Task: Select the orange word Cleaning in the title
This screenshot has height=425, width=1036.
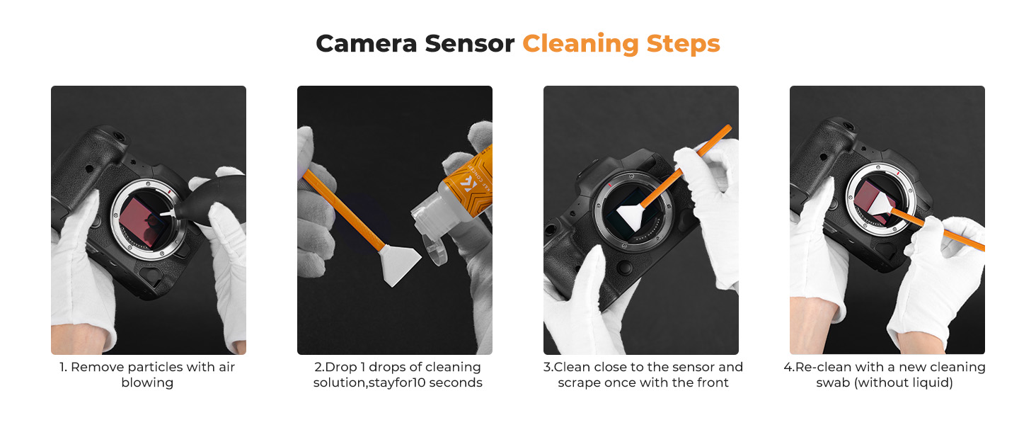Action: pyautogui.click(x=580, y=45)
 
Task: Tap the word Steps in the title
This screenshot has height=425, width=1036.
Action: pyautogui.click(x=683, y=45)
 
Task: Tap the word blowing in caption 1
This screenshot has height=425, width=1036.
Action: pyautogui.click(x=147, y=383)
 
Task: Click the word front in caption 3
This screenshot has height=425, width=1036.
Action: pyautogui.click(x=712, y=382)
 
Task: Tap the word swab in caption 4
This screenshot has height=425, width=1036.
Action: pyautogui.click(x=832, y=382)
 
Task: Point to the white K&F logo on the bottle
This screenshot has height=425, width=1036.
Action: pyautogui.click(x=468, y=185)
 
